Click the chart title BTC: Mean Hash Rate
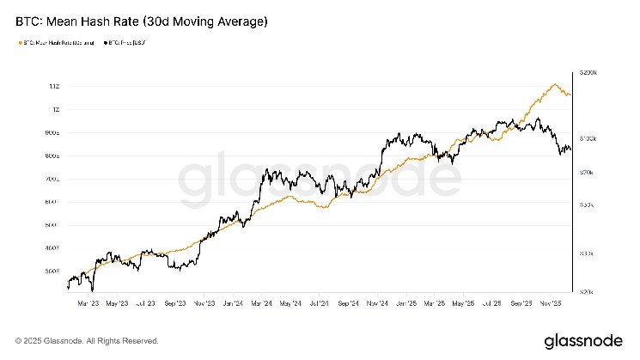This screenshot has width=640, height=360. tap(137, 19)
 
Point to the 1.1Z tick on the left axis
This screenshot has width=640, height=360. tap(54, 87)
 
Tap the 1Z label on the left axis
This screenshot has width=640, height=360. tap(55, 110)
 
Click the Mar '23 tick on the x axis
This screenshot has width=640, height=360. tap(87, 303)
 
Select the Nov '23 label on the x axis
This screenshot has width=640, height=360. tap(204, 303)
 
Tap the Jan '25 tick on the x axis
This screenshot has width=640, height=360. tap(406, 303)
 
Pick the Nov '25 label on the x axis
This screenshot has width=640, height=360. tap(552, 303)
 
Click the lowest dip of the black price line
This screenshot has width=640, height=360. tap(91, 290)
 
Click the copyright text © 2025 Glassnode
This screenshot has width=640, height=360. tap(87, 340)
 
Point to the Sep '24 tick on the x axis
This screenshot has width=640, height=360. tap(349, 303)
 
